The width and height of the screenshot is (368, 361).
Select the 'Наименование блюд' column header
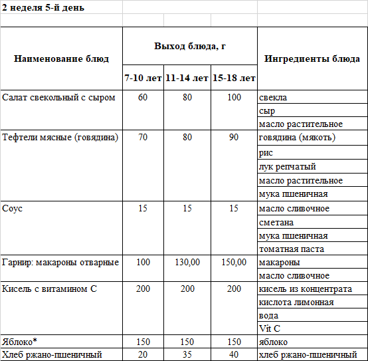coord(61,59)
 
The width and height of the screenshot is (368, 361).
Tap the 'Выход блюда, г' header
coord(190,45)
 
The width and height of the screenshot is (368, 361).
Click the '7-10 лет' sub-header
coord(143,78)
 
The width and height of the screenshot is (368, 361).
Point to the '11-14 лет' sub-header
coord(187,78)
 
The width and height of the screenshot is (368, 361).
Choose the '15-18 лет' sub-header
coord(234,78)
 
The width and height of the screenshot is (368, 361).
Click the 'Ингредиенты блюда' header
coord(312,59)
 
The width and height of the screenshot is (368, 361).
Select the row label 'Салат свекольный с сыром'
coord(59,98)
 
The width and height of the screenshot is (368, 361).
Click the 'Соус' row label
coord(13,209)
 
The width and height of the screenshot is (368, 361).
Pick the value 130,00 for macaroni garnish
coord(187,263)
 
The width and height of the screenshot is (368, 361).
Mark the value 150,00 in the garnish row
coord(234,263)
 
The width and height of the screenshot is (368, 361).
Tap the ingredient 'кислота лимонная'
coord(296,302)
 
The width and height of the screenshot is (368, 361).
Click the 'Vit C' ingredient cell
coord(269,329)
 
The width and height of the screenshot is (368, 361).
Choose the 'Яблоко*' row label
coord(20,342)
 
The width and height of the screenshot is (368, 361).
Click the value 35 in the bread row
coord(187,354)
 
